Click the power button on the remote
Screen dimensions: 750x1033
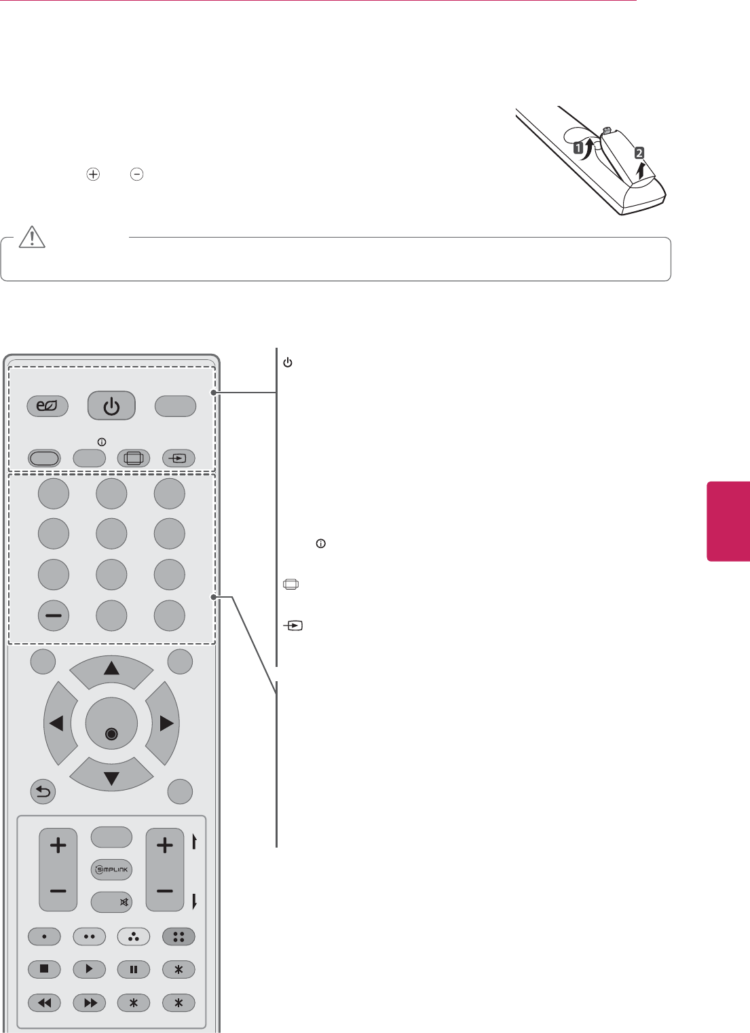click(111, 407)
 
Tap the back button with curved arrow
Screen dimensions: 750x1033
click(43, 792)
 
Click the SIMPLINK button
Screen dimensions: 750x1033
click(111, 869)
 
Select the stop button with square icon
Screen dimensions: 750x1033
click(44, 970)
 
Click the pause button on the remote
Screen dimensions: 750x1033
click(134, 970)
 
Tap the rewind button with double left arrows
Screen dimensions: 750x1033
click(44, 1002)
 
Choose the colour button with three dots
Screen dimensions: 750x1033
click(134, 937)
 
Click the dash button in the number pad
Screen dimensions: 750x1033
click(54, 616)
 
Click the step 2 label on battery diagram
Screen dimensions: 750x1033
click(639, 153)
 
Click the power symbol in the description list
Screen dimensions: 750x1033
click(288, 363)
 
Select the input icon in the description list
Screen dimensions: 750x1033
click(293, 626)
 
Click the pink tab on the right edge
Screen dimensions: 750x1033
click(729, 521)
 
